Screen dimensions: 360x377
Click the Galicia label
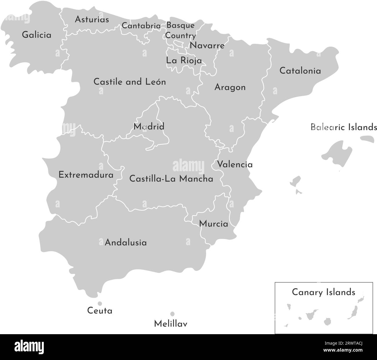(37, 35)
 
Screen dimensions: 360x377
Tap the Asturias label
(92, 19)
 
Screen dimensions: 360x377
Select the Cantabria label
(141, 26)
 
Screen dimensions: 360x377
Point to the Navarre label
(207, 46)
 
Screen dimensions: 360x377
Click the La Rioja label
(184, 61)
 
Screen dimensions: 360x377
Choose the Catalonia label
(300, 71)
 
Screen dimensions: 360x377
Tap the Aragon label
(230, 87)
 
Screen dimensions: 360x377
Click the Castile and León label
(130, 82)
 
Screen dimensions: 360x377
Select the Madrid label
(149, 126)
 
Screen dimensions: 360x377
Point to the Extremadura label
(86, 175)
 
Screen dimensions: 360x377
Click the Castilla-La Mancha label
(171, 178)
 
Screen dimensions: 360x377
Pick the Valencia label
(235, 164)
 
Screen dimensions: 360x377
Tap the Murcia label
(213, 224)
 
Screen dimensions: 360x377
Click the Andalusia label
(126, 242)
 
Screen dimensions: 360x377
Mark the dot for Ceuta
(100, 303)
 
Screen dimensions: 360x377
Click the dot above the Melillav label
(172, 314)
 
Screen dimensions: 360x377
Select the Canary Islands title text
(323, 292)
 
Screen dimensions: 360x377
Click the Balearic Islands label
(344, 127)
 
